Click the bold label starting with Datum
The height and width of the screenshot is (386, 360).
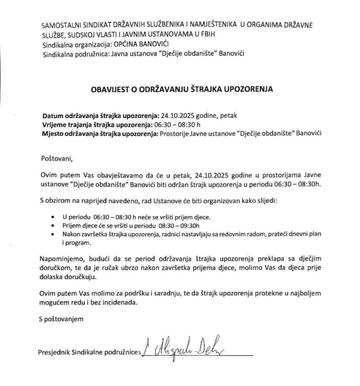pos(100,116)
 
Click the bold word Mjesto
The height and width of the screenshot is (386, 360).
pos(52,133)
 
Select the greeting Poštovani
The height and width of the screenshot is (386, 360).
pos(55,158)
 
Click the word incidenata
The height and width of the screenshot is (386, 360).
pos(116,302)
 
